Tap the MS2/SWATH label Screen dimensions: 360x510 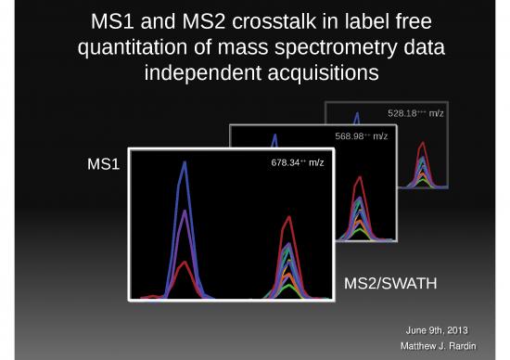(389, 282)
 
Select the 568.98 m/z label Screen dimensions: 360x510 (361, 136)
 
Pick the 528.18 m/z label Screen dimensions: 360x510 (415, 113)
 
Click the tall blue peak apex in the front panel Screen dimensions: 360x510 (185, 163)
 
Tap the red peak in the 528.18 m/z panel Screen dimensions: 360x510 (422, 145)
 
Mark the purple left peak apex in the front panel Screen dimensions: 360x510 (185, 213)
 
